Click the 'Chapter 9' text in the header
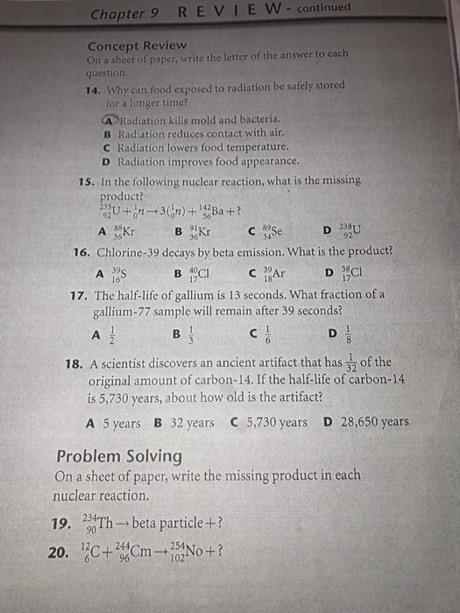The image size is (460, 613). point(131,13)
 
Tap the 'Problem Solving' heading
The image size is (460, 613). point(119,456)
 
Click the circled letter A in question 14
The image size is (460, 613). point(109,118)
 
